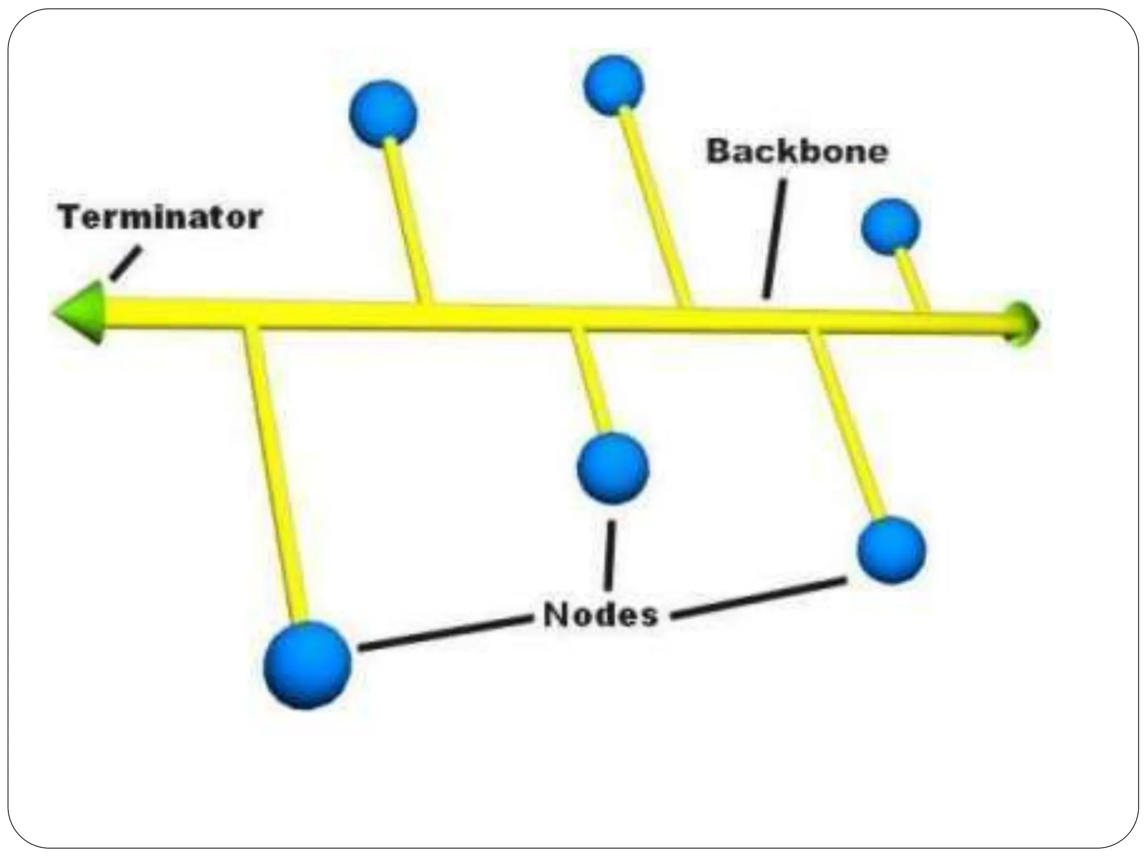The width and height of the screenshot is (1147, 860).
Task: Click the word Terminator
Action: (x=160, y=217)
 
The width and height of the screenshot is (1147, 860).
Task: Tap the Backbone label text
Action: (x=797, y=152)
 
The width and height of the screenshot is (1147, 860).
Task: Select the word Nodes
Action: (x=600, y=615)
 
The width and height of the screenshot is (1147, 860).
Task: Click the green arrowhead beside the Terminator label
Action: (x=81, y=312)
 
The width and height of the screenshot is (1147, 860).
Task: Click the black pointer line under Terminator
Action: (x=124, y=264)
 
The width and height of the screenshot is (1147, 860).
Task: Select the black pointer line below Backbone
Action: (x=775, y=238)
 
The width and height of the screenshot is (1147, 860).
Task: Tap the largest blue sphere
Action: (x=307, y=665)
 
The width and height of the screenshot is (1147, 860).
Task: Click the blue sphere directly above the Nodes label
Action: (x=613, y=468)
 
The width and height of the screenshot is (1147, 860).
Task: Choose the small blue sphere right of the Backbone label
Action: (x=890, y=226)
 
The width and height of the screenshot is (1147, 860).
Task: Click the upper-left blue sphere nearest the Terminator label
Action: (x=383, y=114)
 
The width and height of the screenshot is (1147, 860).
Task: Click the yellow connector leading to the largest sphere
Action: (x=274, y=476)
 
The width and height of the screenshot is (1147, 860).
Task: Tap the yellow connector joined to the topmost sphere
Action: (x=654, y=207)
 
